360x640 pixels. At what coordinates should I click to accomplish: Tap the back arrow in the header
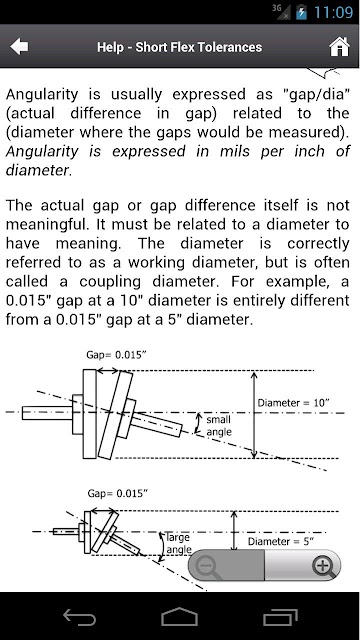tap(19, 47)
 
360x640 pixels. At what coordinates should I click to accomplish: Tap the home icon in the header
tap(340, 47)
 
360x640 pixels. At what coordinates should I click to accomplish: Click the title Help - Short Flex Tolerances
tap(180, 47)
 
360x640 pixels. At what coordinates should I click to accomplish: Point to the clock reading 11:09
tap(333, 12)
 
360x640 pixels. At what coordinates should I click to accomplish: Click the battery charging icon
tap(301, 12)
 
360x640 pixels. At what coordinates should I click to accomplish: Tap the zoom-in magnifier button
tap(324, 566)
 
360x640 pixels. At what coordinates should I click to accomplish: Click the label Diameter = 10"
tap(293, 403)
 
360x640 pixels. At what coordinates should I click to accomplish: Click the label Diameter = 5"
tap(281, 542)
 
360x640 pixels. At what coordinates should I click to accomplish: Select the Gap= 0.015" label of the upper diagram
tap(116, 355)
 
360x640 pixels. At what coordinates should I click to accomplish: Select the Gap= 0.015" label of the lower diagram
tap(118, 493)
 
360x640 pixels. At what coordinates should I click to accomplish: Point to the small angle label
tap(219, 425)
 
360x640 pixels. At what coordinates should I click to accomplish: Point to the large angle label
tap(178, 543)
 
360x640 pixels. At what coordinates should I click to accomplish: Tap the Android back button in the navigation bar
tap(80, 617)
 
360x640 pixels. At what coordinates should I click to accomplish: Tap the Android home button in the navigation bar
tap(180, 617)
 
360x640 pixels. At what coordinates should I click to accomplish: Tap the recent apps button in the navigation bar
tap(280, 617)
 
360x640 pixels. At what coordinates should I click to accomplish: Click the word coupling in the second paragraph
tap(110, 282)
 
